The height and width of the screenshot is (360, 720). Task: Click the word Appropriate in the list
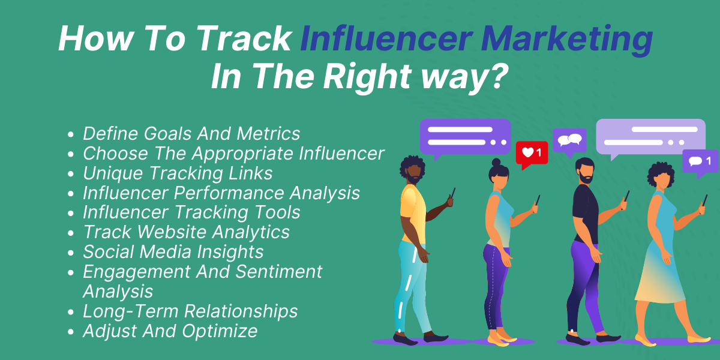click(x=242, y=154)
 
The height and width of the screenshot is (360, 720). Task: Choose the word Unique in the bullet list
click(x=113, y=173)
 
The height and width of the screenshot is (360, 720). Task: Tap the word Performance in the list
click(x=229, y=193)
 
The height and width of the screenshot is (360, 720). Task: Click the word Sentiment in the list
click(x=278, y=272)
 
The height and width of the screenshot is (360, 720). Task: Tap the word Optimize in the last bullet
click(x=220, y=331)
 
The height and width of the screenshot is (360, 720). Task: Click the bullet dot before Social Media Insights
click(x=71, y=253)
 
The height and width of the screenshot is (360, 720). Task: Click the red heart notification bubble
click(x=532, y=154)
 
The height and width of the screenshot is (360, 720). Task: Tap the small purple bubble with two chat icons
click(x=570, y=142)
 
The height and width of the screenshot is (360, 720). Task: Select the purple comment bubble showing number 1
click(x=700, y=162)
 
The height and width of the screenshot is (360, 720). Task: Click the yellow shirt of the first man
click(x=413, y=213)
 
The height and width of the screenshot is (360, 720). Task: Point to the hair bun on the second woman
click(x=496, y=163)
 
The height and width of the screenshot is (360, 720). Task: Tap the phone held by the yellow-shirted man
click(x=452, y=193)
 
